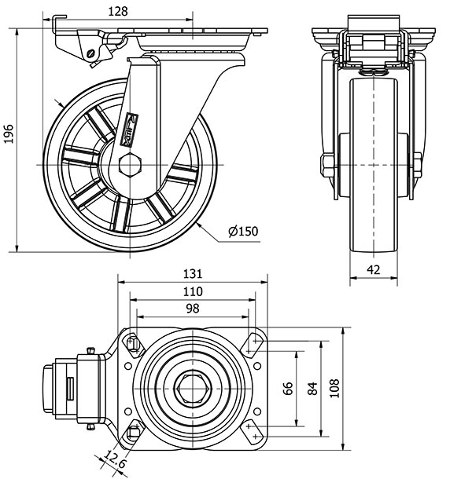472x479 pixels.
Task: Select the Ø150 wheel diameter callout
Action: coord(242,231)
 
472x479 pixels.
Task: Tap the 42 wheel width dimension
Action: coord(374,269)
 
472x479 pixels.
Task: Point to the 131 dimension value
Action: coord(193,274)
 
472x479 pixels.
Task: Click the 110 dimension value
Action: coord(193,291)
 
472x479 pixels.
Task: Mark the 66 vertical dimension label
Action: coord(288,388)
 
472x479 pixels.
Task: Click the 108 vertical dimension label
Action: coord(336,388)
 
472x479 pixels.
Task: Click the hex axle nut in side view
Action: coord(129,165)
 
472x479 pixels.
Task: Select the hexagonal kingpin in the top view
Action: coord(192,388)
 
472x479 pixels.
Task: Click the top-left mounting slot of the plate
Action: coord(132,342)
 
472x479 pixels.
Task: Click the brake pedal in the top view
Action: coord(59,388)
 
